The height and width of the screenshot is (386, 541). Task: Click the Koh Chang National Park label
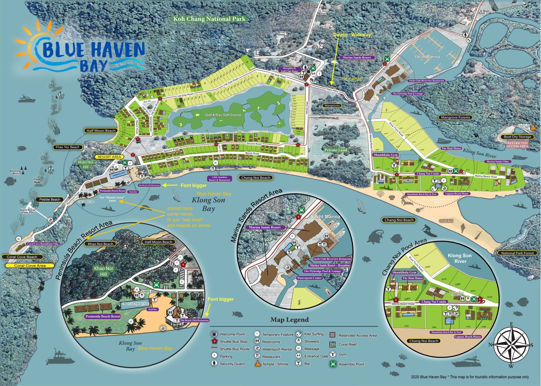pos(209,19)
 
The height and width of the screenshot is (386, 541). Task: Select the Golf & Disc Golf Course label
pos(223,115)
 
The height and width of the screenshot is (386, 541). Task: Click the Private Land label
pos(336,150)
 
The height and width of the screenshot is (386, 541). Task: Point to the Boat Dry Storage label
pos(517,137)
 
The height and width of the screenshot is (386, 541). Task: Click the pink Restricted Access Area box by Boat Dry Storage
pos(517,145)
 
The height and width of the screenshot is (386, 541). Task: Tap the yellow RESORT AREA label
pos(109,157)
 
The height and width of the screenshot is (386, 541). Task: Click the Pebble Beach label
pos(50,200)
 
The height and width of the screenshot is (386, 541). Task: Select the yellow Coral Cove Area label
pos(30,266)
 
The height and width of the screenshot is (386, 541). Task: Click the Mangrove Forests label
pos(455,117)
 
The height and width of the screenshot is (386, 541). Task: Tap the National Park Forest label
pos(517,253)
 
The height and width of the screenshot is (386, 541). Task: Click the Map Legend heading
pos(290,320)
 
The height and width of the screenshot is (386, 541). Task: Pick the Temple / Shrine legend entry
pos(275,364)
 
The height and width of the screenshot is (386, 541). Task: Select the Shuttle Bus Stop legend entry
pos(234,341)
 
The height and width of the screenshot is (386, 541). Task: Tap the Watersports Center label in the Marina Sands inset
pos(309,278)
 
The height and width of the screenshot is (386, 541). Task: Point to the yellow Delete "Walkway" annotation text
pos(352,35)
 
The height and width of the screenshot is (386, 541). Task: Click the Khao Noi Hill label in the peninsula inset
pos(103,271)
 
